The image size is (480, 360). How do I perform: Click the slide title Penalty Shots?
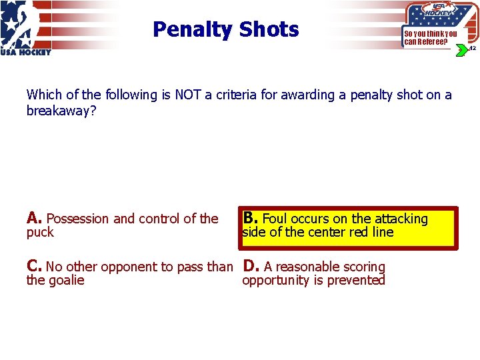click(225, 29)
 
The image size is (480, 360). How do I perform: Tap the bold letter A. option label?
click(35, 218)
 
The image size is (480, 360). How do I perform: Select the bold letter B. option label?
click(251, 218)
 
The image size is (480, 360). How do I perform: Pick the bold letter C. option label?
click(35, 266)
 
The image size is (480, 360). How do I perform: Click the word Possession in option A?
click(78, 219)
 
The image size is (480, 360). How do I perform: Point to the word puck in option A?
click(40, 233)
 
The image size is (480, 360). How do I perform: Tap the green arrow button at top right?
click(461, 50)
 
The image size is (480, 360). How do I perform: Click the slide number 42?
click(471, 49)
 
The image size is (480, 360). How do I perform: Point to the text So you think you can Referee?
click(430, 37)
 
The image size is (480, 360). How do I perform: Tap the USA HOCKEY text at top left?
click(25, 53)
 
